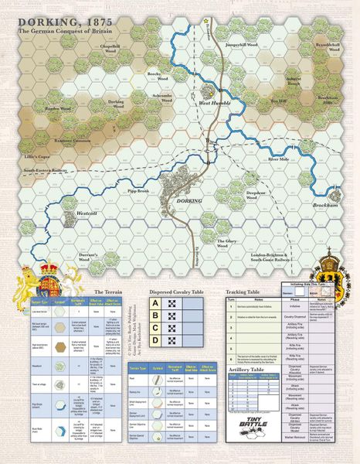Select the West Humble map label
pyautogui.click(x=216, y=103)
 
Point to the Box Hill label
pyautogui.click(x=278, y=100)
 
